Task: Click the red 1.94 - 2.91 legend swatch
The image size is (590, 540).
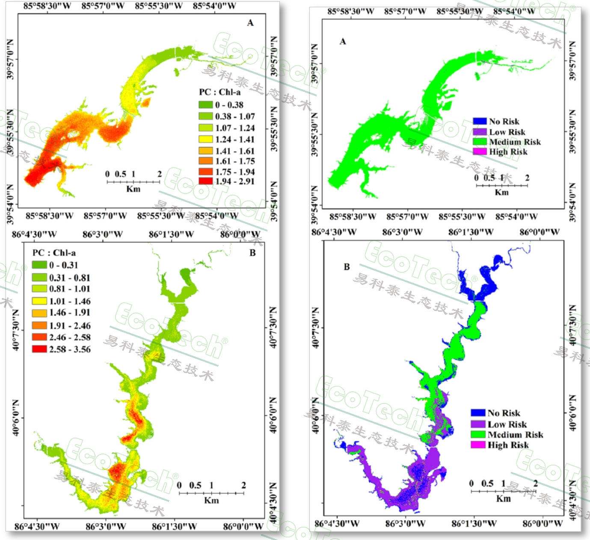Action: (x=205, y=181)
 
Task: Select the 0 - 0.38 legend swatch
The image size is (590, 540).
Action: (x=205, y=105)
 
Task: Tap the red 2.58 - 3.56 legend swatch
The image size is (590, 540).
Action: (x=39, y=349)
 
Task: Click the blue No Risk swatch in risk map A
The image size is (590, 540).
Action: (x=480, y=122)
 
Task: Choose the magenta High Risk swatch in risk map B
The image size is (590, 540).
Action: (x=478, y=445)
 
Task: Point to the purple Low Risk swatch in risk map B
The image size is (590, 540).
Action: (x=478, y=424)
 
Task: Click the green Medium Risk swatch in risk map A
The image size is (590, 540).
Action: (x=480, y=142)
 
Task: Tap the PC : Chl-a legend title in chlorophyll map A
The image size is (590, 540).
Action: (x=219, y=92)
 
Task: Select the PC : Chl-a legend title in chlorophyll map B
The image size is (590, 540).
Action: (x=54, y=253)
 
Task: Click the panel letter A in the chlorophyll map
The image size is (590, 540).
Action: (x=250, y=23)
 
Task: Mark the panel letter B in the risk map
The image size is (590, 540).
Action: (x=347, y=267)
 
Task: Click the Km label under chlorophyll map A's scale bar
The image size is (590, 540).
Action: (x=133, y=189)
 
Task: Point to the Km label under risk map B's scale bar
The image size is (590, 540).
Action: (x=503, y=498)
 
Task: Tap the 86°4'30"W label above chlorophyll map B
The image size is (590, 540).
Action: (x=34, y=234)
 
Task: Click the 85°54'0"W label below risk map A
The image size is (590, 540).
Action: (x=516, y=217)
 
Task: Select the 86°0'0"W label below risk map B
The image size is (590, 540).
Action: (x=543, y=523)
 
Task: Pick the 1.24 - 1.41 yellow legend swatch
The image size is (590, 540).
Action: (x=205, y=139)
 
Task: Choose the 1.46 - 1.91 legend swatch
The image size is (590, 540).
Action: (x=39, y=313)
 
